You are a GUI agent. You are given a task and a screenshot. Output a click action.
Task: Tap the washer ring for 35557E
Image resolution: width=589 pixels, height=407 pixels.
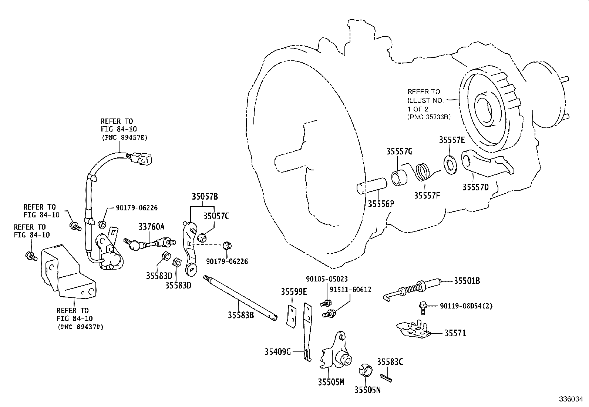coord(450,165)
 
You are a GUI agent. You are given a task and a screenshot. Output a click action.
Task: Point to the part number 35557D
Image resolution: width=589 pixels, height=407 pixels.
coord(475,187)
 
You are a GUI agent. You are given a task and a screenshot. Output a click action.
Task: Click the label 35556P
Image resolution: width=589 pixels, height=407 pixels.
coord(381,204)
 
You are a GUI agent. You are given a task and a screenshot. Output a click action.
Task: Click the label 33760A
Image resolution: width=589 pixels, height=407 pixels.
coord(152,226)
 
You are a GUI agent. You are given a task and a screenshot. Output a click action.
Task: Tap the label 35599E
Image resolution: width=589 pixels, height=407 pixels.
coord(294,291)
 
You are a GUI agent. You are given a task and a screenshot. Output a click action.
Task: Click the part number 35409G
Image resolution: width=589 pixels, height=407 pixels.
coord(277,351)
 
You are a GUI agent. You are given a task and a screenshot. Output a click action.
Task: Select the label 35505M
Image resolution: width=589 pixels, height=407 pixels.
coord(331,382)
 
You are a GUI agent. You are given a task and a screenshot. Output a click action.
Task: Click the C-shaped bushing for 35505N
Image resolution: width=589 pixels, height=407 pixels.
coord(366,370)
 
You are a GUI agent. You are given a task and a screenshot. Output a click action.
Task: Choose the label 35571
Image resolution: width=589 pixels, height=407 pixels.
coord(455,333)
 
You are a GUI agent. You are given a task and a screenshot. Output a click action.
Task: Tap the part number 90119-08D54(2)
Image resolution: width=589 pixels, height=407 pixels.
coord(466,306)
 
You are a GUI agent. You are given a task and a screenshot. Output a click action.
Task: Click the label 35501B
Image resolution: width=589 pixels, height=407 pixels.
coord(467,281)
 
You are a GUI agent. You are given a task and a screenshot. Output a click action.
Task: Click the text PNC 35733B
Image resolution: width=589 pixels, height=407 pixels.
coord(429,117)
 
